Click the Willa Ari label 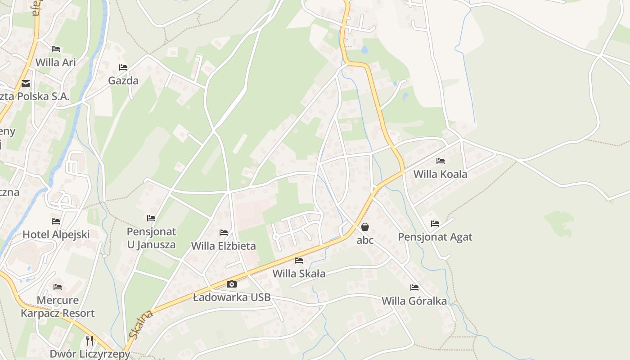[x=56, y=62]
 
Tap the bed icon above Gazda [x=123, y=67]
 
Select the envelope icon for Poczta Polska [x=26, y=84]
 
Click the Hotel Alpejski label [x=56, y=234]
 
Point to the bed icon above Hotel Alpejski [x=56, y=221]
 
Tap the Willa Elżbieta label [x=224, y=246]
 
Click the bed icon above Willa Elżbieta [x=224, y=233]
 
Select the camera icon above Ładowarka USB [x=232, y=284]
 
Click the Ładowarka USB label [x=232, y=297]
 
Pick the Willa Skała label [x=299, y=274]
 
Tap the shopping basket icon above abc [x=365, y=227]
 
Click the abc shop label [x=365, y=240]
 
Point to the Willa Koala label [x=440, y=174]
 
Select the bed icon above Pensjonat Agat [x=435, y=223]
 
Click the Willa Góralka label [x=414, y=301]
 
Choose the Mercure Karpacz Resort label [x=58, y=307]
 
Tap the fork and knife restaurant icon [x=90, y=340]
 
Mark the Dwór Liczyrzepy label [x=90, y=354]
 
